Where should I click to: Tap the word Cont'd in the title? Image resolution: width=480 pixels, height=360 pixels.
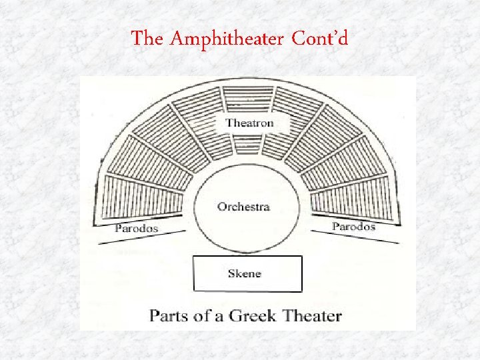[x=320, y=39]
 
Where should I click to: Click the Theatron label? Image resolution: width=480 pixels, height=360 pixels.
[x=249, y=123]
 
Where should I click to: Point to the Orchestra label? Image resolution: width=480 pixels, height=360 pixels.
[x=243, y=207]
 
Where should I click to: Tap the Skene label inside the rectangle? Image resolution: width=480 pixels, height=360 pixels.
[x=245, y=273]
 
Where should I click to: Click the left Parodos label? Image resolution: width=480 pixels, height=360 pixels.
[x=137, y=228]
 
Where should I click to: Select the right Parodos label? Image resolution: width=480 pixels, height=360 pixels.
[x=353, y=226]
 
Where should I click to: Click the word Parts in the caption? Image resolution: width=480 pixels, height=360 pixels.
[x=171, y=315]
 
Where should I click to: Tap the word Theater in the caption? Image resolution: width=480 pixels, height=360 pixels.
[x=313, y=315]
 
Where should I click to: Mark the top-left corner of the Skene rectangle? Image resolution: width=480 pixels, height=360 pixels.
[x=194, y=257]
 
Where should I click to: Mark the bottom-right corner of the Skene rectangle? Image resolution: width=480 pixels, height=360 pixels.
[x=301, y=291]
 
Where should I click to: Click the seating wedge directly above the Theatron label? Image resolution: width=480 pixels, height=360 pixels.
[x=248, y=100]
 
